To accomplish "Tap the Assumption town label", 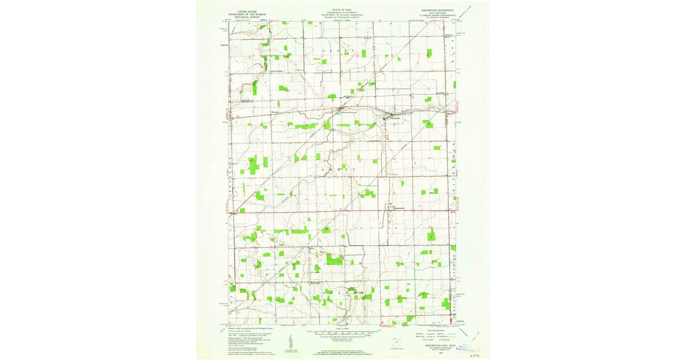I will [400, 208].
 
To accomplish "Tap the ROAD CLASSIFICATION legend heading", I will [438, 330].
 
